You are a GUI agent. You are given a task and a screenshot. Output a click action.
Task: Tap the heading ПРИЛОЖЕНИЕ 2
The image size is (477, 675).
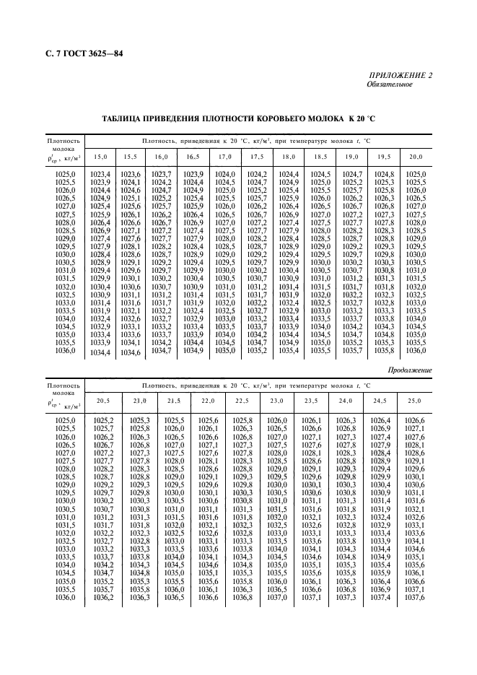[x=402, y=76]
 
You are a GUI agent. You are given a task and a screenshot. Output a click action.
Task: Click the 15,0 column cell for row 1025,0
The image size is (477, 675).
[x=100, y=174]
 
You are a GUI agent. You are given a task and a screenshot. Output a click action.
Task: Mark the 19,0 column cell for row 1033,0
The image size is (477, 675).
[x=351, y=302]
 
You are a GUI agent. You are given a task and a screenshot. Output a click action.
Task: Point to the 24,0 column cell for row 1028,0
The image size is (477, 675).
[x=346, y=469]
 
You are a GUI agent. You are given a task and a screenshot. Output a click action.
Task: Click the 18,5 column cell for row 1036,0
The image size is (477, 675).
[x=320, y=350]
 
